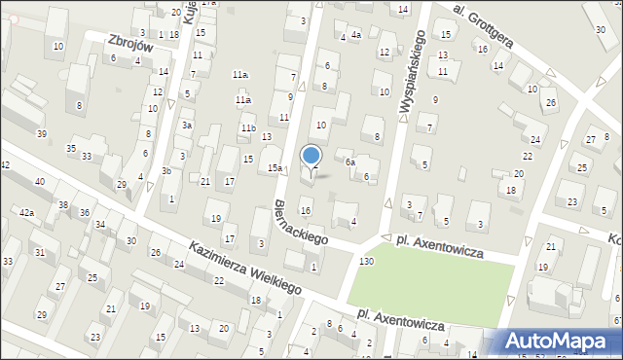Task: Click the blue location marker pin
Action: pyautogui.click(x=311, y=156)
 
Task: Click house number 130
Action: pyautogui.click(x=366, y=263)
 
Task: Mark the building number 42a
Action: pyautogui.click(x=26, y=212)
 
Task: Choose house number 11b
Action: pyautogui.click(x=248, y=128)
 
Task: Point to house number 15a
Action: pyautogui.click(x=275, y=168)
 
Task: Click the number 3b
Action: pyautogui.click(x=166, y=171)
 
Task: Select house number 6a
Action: pyautogui.click(x=349, y=162)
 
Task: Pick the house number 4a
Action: pyautogui.click(x=356, y=36)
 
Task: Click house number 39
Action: pyautogui.click(x=41, y=133)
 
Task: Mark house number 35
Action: pyautogui.click(x=71, y=148)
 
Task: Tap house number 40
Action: pyautogui.click(x=39, y=182)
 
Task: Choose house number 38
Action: pyautogui.click(x=63, y=205)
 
